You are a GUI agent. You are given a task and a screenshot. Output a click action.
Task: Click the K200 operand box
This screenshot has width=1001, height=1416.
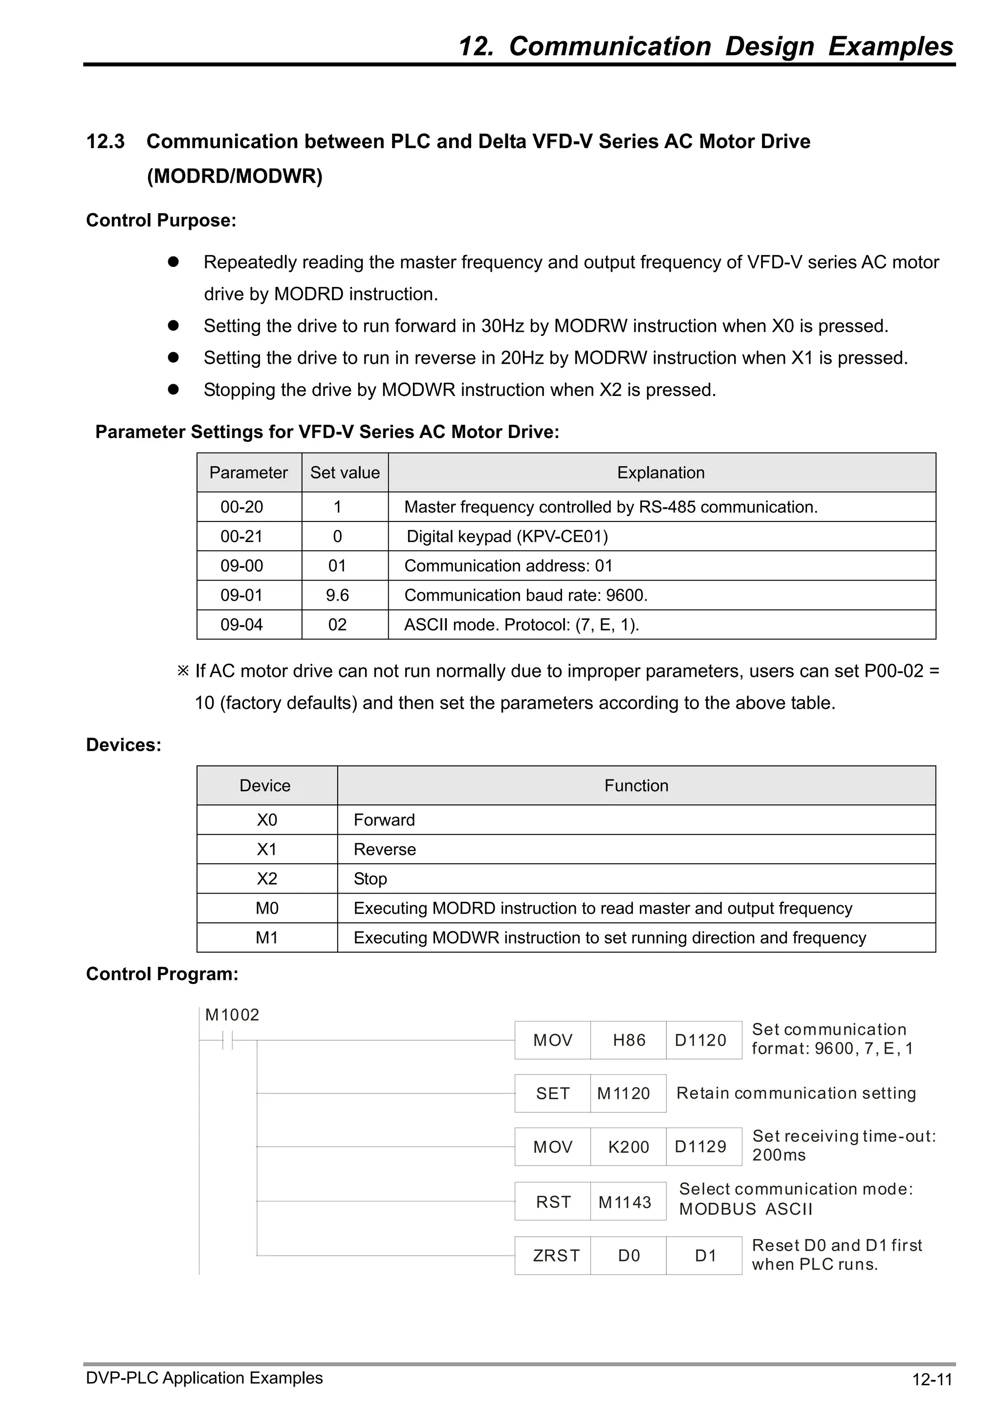(x=628, y=1147)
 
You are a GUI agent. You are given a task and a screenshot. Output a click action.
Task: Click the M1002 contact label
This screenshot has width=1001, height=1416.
(x=232, y=1015)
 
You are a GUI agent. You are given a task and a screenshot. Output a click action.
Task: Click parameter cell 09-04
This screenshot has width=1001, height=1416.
(x=242, y=625)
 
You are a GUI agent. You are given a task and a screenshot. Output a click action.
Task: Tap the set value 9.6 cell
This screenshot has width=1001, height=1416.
(x=337, y=595)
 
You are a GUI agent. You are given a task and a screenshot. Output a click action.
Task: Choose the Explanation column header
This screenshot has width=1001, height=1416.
(x=660, y=473)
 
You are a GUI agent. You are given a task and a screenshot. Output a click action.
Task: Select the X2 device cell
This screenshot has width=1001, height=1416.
(x=266, y=879)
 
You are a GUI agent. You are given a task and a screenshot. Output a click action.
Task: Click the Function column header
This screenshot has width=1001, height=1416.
(x=636, y=785)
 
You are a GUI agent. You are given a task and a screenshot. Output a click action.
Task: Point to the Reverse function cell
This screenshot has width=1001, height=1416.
(x=385, y=849)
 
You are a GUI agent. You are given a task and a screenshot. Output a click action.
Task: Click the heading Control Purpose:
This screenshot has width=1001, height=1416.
(x=161, y=220)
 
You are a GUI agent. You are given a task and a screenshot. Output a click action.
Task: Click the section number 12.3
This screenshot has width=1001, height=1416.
(x=106, y=141)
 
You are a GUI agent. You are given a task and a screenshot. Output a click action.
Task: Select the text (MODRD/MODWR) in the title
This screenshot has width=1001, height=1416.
(x=235, y=176)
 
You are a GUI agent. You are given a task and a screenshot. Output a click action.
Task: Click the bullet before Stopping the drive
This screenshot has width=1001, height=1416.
(x=174, y=389)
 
